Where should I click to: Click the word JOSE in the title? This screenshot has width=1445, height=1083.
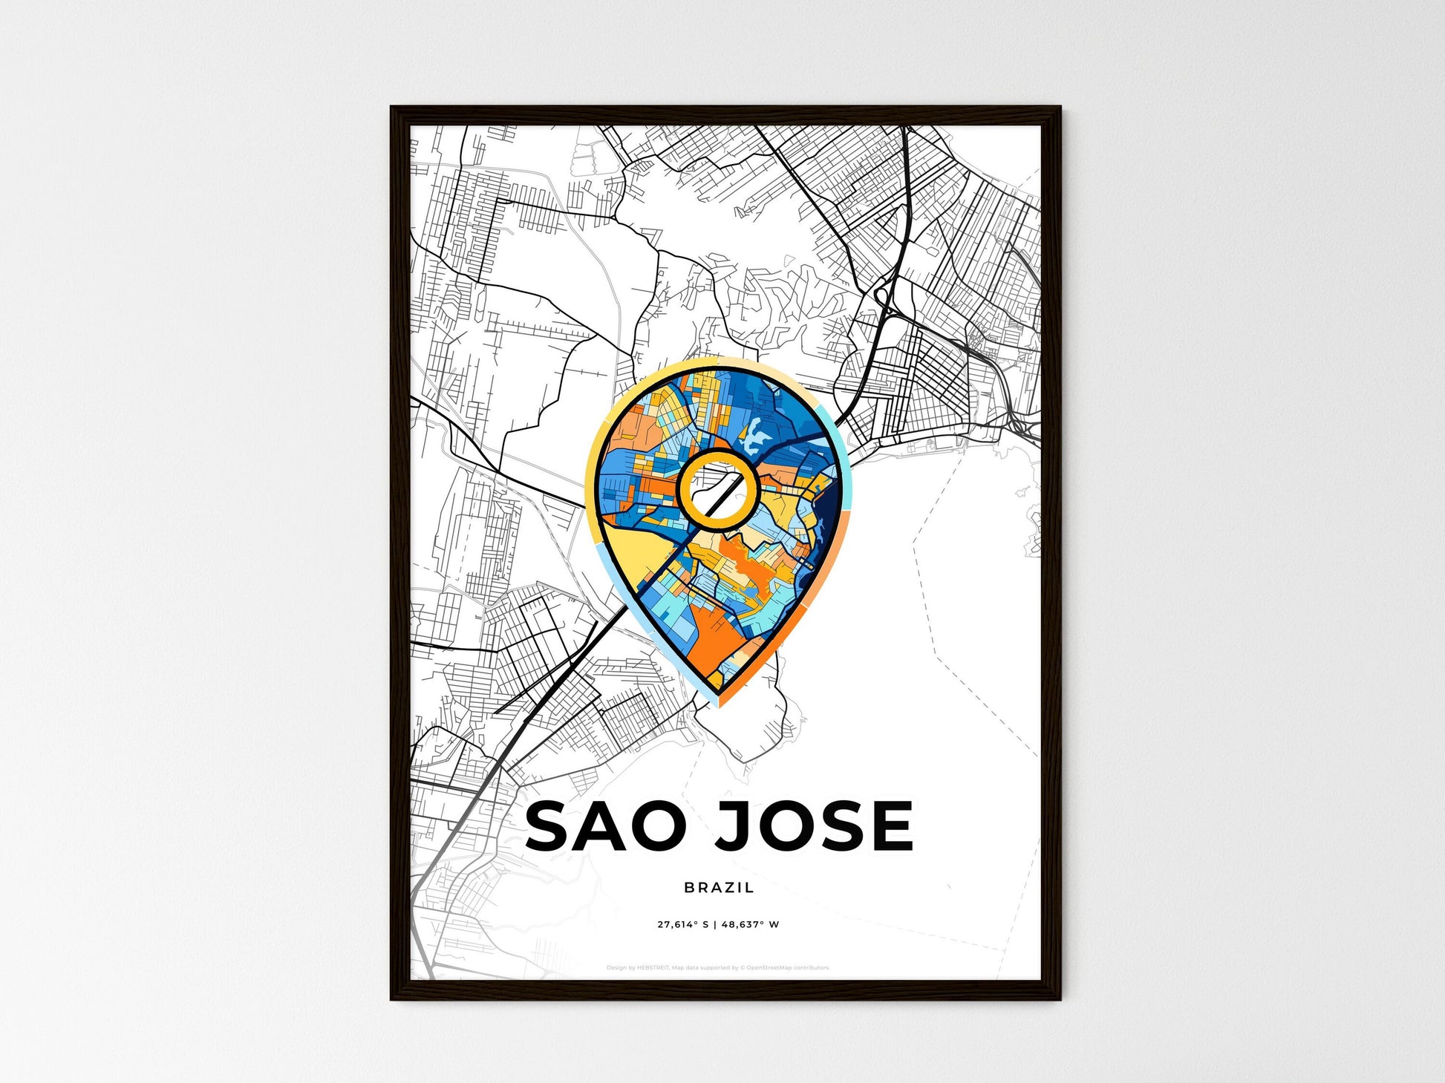coord(814,825)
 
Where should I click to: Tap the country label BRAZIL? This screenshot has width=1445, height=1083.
coord(719,887)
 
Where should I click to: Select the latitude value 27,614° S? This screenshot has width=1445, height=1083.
coord(683,925)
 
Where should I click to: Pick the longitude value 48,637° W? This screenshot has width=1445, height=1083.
coord(753,925)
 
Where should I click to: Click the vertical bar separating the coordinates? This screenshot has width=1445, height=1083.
coord(718,925)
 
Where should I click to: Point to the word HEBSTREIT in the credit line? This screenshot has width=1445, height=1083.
coord(653,968)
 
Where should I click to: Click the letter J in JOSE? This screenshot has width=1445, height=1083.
coord(731,825)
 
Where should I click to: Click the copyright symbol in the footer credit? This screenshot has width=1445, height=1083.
coord(743,968)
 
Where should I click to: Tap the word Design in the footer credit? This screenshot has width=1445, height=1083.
coord(616,968)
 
